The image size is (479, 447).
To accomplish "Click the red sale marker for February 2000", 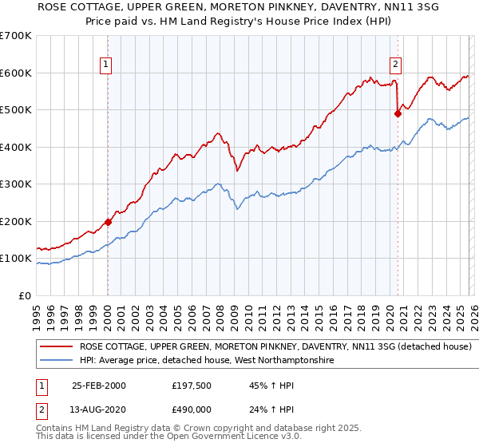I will click(108, 222).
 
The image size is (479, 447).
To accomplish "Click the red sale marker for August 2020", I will click(397, 113).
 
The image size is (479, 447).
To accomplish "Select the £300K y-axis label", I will click(16, 184).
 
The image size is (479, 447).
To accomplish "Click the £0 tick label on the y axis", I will click(25, 296).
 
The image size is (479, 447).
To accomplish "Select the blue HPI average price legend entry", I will click(206, 361).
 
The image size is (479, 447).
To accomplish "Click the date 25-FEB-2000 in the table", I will click(98, 385).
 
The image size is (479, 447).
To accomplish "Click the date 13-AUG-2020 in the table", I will click(98, 409).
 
